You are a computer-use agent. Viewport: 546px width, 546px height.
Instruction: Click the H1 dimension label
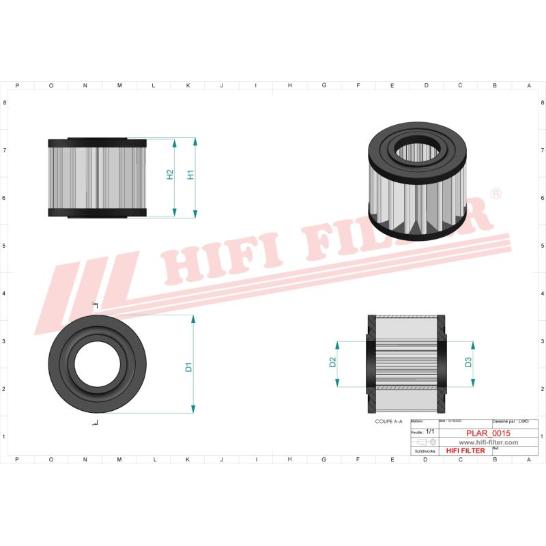[191, 174]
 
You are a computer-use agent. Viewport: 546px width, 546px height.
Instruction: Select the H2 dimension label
[170, 175]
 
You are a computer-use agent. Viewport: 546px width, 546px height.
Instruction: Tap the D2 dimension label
[332, 362]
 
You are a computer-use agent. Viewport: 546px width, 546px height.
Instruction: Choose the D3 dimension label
[469, 362]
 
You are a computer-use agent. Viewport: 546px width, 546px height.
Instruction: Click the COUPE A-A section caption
[389, 423]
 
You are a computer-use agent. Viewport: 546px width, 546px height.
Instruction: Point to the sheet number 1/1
[430, 432]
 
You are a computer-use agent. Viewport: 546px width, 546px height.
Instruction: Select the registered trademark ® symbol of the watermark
[496, 195]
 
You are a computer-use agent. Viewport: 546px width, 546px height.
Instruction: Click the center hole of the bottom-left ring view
[98, 364]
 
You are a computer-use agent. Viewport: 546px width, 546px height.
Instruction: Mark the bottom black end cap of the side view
[98, 213]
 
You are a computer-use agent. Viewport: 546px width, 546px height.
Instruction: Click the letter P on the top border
[17, 86]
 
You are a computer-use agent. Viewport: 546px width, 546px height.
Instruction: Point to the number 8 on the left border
[5, 102]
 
